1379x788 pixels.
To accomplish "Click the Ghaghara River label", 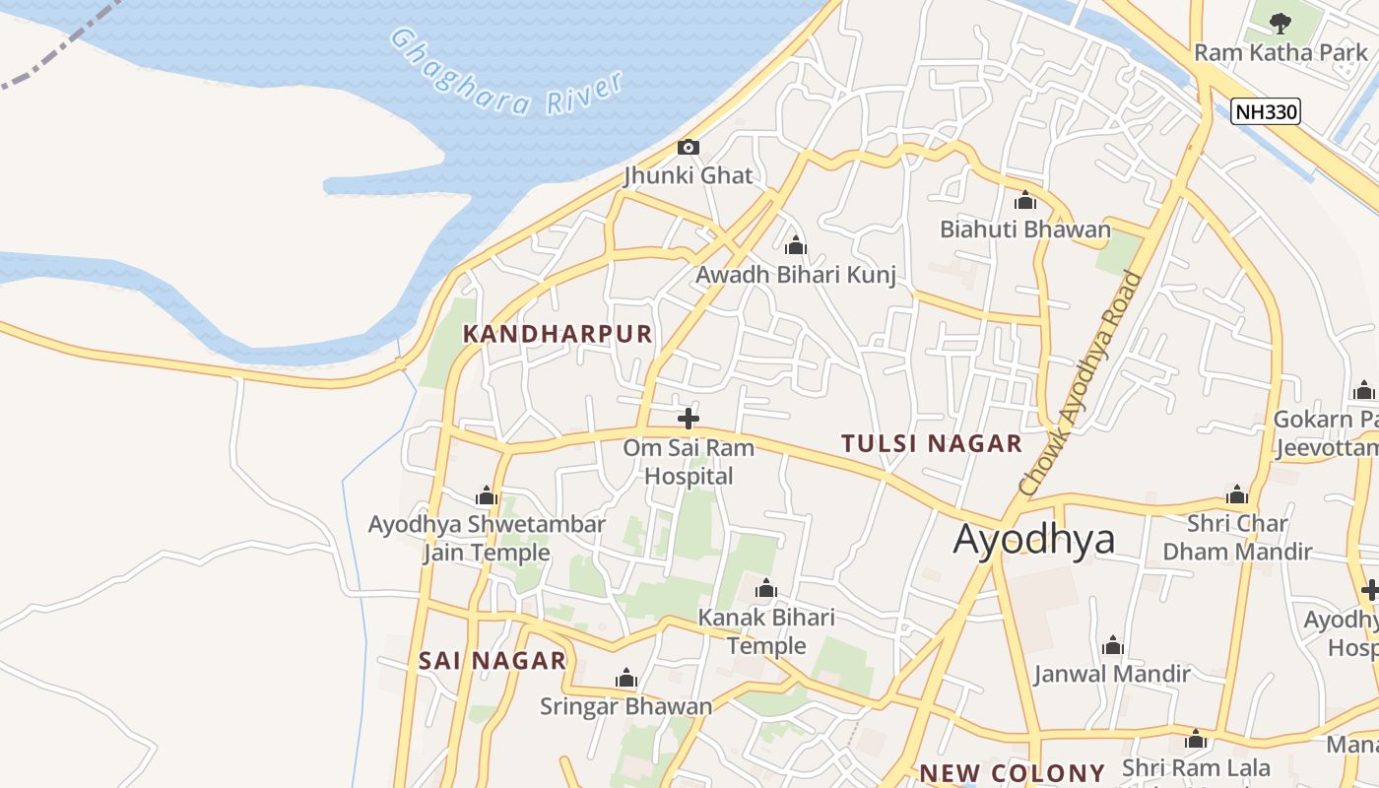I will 508,74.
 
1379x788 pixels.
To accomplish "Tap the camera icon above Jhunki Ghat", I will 689,148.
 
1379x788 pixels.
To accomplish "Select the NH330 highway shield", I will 1267,111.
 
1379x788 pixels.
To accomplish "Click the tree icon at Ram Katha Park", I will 1280,23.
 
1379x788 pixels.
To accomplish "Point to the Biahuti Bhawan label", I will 1025,230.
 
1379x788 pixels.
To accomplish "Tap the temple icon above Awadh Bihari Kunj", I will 796,245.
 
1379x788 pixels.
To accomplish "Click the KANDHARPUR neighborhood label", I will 558,334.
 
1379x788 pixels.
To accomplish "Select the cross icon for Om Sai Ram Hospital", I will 689,419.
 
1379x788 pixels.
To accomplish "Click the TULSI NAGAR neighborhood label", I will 932,443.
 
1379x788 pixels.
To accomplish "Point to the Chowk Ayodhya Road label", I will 1082,382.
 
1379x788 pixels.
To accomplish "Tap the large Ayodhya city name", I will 1034,539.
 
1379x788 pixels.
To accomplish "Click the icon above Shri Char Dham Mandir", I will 1237,494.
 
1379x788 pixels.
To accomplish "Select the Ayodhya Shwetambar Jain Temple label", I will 487,538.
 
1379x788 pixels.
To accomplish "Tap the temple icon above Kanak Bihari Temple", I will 766,590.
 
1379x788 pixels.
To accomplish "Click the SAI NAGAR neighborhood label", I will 492,660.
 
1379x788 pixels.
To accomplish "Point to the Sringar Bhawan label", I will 625,706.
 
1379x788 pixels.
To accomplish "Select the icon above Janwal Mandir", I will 1113,646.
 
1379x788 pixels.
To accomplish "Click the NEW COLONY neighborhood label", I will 1013,773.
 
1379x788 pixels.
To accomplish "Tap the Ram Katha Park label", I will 1280,52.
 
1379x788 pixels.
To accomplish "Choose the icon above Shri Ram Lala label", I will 1196,740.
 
